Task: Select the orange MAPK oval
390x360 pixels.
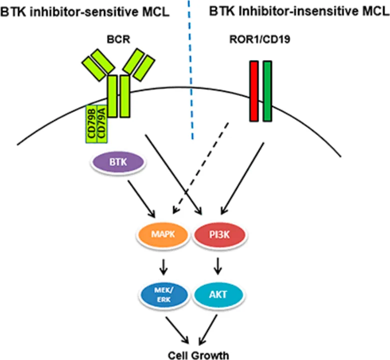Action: pyautogui.click(x=158, y=233)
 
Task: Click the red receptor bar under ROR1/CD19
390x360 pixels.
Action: pyautogui.click(x=254, y=91)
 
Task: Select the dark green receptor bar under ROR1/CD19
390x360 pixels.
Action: pyautogui.click(x=267, y=91)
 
